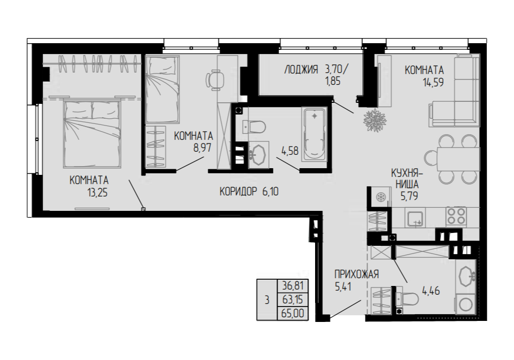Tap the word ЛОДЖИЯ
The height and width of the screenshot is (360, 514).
click(x=301, y=69)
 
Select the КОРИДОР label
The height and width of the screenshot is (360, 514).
click(x=238, y=191)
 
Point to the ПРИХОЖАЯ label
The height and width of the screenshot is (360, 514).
click(x=357, y=274)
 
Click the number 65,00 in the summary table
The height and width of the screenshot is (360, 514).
click(x=293, y=314)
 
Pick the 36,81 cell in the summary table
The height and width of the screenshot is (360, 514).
click(x=293, y=286)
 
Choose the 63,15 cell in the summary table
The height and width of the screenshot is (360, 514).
click(x=293, y=300)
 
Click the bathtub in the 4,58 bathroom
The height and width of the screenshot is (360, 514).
click(x=315, y=135)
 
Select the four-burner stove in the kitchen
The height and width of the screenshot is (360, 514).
click(x=455, y=217)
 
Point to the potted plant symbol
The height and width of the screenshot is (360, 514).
click(x=374, y=120)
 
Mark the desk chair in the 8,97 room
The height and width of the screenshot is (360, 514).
click(x=215, y=79)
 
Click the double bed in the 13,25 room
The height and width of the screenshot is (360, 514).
click(x=92, y=133)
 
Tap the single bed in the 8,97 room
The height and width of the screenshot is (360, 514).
click(x=162, y=89)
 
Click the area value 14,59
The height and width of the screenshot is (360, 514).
click(x=433, y=82)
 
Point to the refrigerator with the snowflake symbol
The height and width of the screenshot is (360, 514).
click(x=380, y=197)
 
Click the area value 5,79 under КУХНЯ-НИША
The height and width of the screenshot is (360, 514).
click(x=409, y=196)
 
